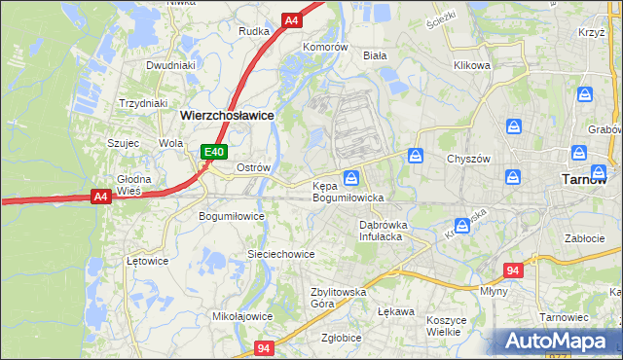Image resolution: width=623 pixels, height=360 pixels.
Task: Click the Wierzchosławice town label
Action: pyautogui.click(x=227, y=114)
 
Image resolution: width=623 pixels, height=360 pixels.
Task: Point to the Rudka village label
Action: pyautogui.click(x=254, y=31)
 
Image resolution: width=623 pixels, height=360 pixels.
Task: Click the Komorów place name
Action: pyautogui.click(x=325, y=47)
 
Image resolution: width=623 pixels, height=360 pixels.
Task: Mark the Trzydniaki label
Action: pyautogui.click(x=143, y=103)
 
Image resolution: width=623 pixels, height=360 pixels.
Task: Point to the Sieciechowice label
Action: pyautogui.click(x=280, y=254)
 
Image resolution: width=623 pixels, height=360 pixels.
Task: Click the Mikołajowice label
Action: pyautogui.click(x=242, y=316)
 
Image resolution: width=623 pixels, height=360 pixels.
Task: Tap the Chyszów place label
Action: pyautogui.click(x=466, y=159)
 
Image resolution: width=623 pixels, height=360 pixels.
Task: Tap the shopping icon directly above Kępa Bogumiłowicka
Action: pyautogui.click(x=351, y=177)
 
